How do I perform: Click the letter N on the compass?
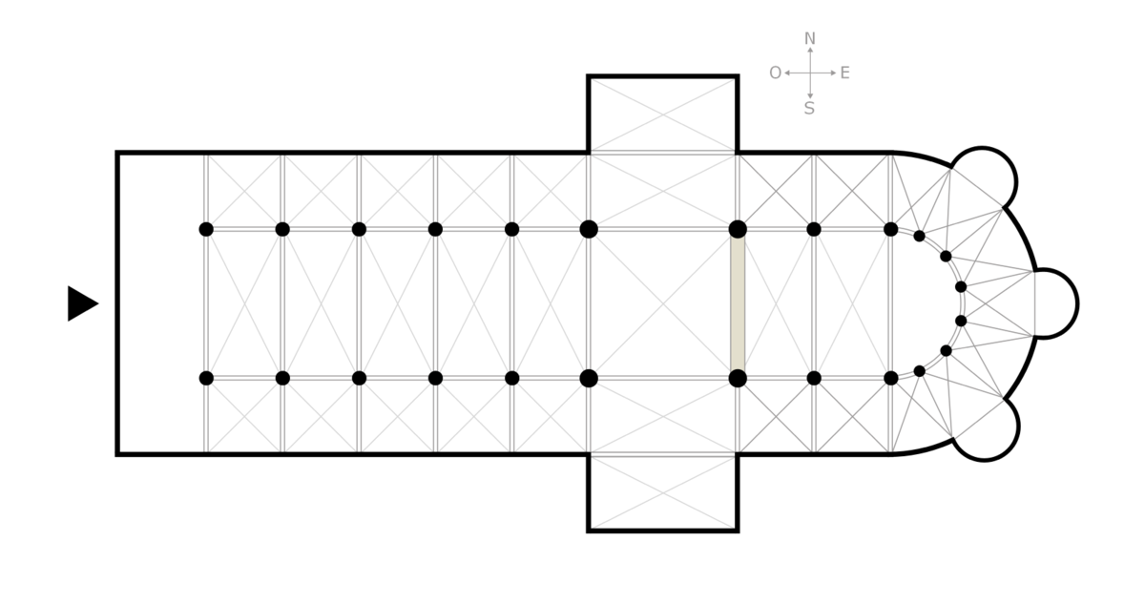click(x=810, y=39)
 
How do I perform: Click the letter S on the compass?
click(x=809, y=109)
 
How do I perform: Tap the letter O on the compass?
click(x=775, y=73)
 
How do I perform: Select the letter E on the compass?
click(x=845, y=73)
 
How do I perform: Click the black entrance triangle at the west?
click(x=82, y=303)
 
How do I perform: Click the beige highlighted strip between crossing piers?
click(x=737, y=304)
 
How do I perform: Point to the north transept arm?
click(x=663, y=115)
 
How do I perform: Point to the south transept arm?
click(x=663, y=492)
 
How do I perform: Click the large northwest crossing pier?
click(x=589, y=229)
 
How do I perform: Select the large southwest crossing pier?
click(x=589, y=379)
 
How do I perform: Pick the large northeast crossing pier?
click(x=738, y=229)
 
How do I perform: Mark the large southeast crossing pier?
click(x=738, y=379)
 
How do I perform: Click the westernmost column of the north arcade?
click(x=206, y=229)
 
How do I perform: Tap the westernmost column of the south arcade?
click(x=206, y=379)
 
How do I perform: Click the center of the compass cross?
click(x=810, y=73)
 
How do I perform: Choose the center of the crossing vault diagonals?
click(x=663, y=304)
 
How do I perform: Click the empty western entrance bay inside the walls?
click(x=161, y=303)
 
